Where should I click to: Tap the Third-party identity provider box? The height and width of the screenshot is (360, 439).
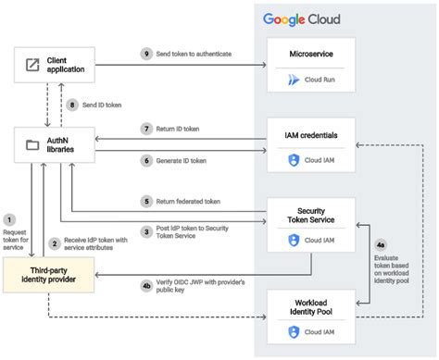50,275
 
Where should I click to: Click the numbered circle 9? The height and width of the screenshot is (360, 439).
146,54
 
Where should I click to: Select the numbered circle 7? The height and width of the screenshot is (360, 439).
146,127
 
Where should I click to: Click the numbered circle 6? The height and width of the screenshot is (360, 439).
146,159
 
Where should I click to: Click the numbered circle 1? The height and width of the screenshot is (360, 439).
9,218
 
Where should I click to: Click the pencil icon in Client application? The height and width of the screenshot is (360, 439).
32,65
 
